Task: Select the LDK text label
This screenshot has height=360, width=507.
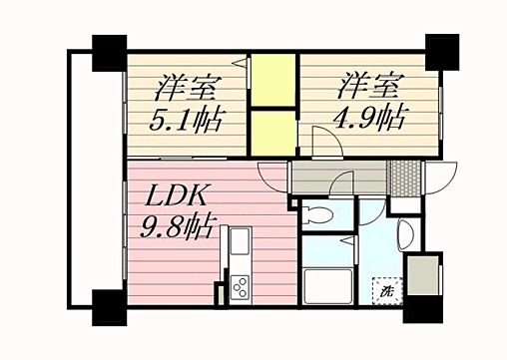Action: [x=182, y=193]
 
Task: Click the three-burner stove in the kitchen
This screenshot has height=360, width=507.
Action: [x=241, y=288]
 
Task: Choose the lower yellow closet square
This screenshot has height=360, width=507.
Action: [x=272, y=130]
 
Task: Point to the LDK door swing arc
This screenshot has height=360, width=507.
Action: [x=271, y=177]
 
